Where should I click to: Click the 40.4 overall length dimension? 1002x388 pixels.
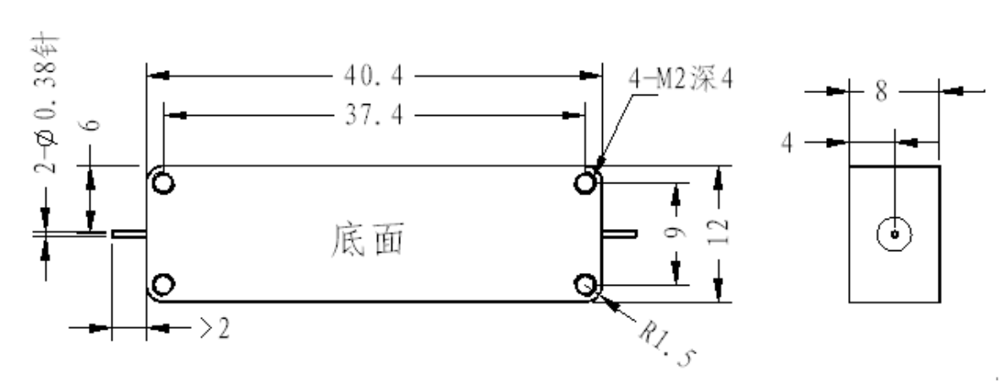pos(374,76)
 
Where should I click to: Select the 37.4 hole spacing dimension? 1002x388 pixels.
pos(374,115)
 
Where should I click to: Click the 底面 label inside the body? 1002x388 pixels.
pos(368,240)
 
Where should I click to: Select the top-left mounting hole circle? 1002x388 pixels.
pos(163,183)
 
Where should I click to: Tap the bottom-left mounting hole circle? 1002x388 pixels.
pos(163,284)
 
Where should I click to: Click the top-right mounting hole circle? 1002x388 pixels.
pos(585,183)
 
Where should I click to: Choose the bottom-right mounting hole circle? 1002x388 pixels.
pos(585,284)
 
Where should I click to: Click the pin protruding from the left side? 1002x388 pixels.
pos(129,234)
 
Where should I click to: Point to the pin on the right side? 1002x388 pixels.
pos(619,234)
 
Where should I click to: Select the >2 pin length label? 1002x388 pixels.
pos(215,329)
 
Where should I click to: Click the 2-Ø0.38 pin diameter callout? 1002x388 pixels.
pos(46,105)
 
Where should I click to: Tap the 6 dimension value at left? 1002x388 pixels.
pos(92,123)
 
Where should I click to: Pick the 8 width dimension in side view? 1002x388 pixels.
pos(881,91)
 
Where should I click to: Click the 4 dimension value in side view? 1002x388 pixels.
pos(787,143)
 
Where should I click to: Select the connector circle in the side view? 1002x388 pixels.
pos(894,234)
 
